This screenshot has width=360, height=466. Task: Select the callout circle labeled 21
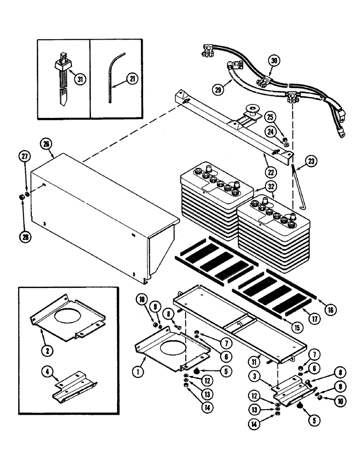point(133,80)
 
